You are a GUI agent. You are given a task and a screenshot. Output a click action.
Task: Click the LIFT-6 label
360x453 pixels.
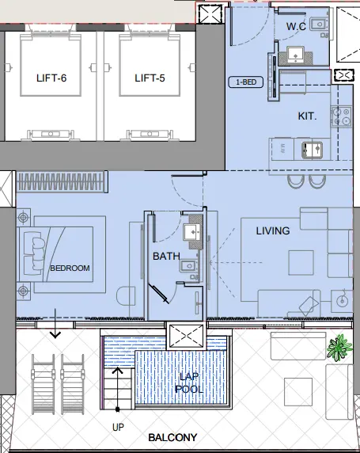tap(53, 78)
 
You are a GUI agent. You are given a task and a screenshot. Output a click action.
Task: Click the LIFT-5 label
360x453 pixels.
tap(152, 78)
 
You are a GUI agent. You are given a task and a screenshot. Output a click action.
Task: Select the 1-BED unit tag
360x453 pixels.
tap(243, 82)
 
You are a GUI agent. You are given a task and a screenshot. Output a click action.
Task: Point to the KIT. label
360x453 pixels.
tap(307, 116)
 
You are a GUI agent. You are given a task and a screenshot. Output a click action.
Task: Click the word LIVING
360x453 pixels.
tap(272, 230)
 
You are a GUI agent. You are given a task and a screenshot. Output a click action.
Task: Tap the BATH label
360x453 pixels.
tap(166, 256)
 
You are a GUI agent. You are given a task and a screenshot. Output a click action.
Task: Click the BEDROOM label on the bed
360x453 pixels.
tap(70, 268)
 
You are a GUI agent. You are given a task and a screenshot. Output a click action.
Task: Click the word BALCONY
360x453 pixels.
tap(173, 437)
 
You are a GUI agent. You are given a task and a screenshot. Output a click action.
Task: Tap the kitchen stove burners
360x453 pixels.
tap(344, 117)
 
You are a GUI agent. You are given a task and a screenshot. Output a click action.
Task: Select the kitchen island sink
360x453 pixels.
tap(309, 148)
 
